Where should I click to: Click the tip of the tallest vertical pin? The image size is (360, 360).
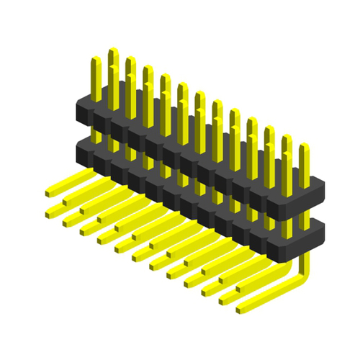coord(112,51)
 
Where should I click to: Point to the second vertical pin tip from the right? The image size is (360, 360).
coord(287,137)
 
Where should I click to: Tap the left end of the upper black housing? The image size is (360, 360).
coord(79,108)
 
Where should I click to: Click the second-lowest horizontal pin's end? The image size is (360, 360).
coord(224,296)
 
